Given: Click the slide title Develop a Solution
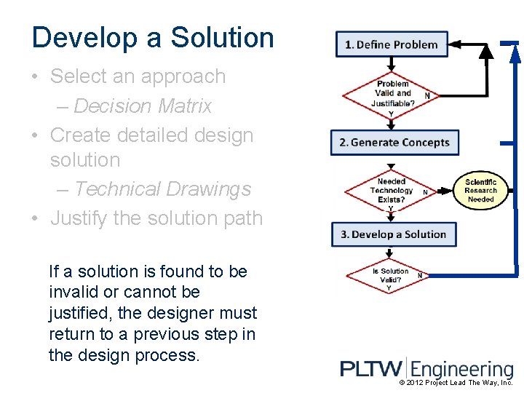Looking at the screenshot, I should click(x=153, y=38).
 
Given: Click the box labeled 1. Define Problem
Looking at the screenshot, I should click(x=392, y=44).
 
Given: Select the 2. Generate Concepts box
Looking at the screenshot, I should click(x=394, y=142).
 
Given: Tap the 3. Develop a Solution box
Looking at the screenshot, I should click(x=394, y=234).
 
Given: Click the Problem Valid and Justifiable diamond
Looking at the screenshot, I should click(x=392, y=94).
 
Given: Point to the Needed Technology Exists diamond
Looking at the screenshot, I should click(x=392, y=191).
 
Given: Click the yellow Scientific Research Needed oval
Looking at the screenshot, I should click(x=480, y=191).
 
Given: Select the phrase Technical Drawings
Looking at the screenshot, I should click(x=162, y=189).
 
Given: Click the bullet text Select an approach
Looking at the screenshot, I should click(x=138, y=76).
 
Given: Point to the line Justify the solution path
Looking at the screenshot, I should click(x=156, y=218).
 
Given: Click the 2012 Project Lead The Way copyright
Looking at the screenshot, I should click(x=456, y=383).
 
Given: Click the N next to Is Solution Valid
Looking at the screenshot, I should click(x=420, y=276).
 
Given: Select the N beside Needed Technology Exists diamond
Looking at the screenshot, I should click(x=425, y=192).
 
